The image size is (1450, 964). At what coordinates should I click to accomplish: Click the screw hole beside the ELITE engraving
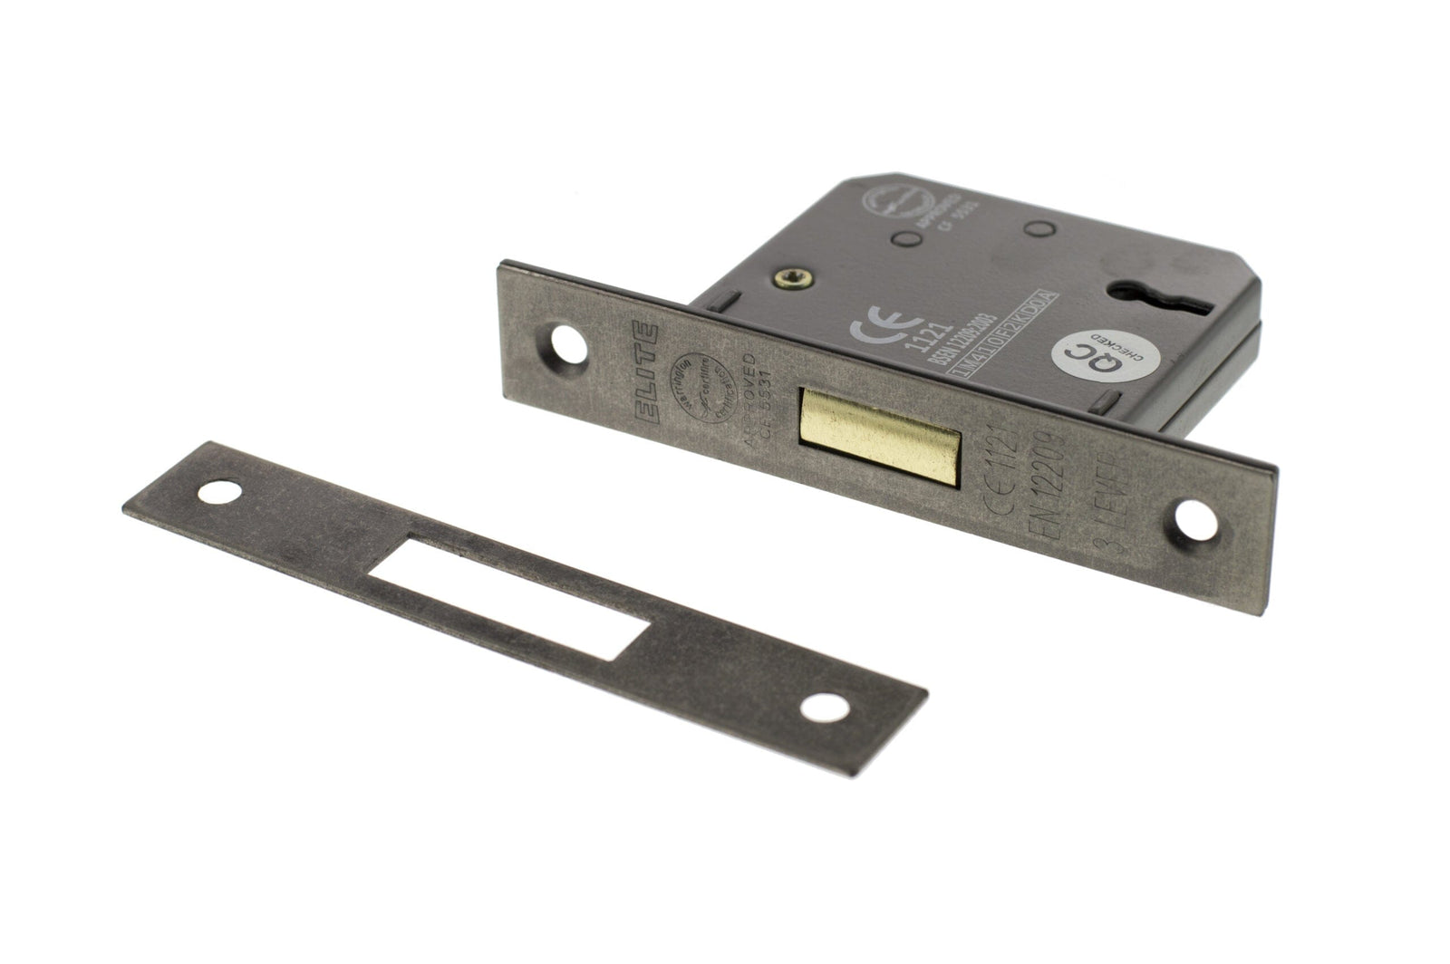point(568,345)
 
